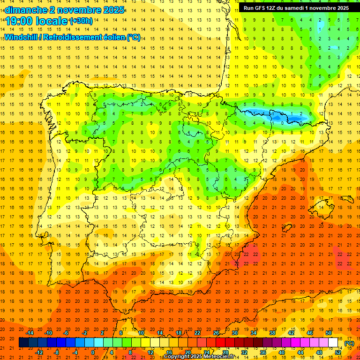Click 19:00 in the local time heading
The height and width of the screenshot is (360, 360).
point(19,21)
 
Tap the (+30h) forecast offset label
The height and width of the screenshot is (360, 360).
point(81,21)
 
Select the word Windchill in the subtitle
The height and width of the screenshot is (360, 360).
point(22,37)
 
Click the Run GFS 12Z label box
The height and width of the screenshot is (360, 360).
point(296,8)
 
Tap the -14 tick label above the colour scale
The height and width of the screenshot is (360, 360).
point(30,333)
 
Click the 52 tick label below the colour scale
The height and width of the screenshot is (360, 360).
point(338,352)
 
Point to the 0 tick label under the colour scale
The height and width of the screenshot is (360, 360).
point(92,352)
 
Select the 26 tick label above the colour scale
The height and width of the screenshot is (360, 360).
point(216,333)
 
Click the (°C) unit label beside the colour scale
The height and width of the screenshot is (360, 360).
point(349,343)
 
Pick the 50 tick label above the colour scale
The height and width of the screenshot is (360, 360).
point(329,333)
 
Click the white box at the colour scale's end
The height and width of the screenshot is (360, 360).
point(333,343)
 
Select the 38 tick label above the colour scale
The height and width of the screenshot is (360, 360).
point(272,333)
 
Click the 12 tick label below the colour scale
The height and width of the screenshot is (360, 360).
point(150,352)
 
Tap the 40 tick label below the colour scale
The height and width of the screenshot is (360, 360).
point(282,352)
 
